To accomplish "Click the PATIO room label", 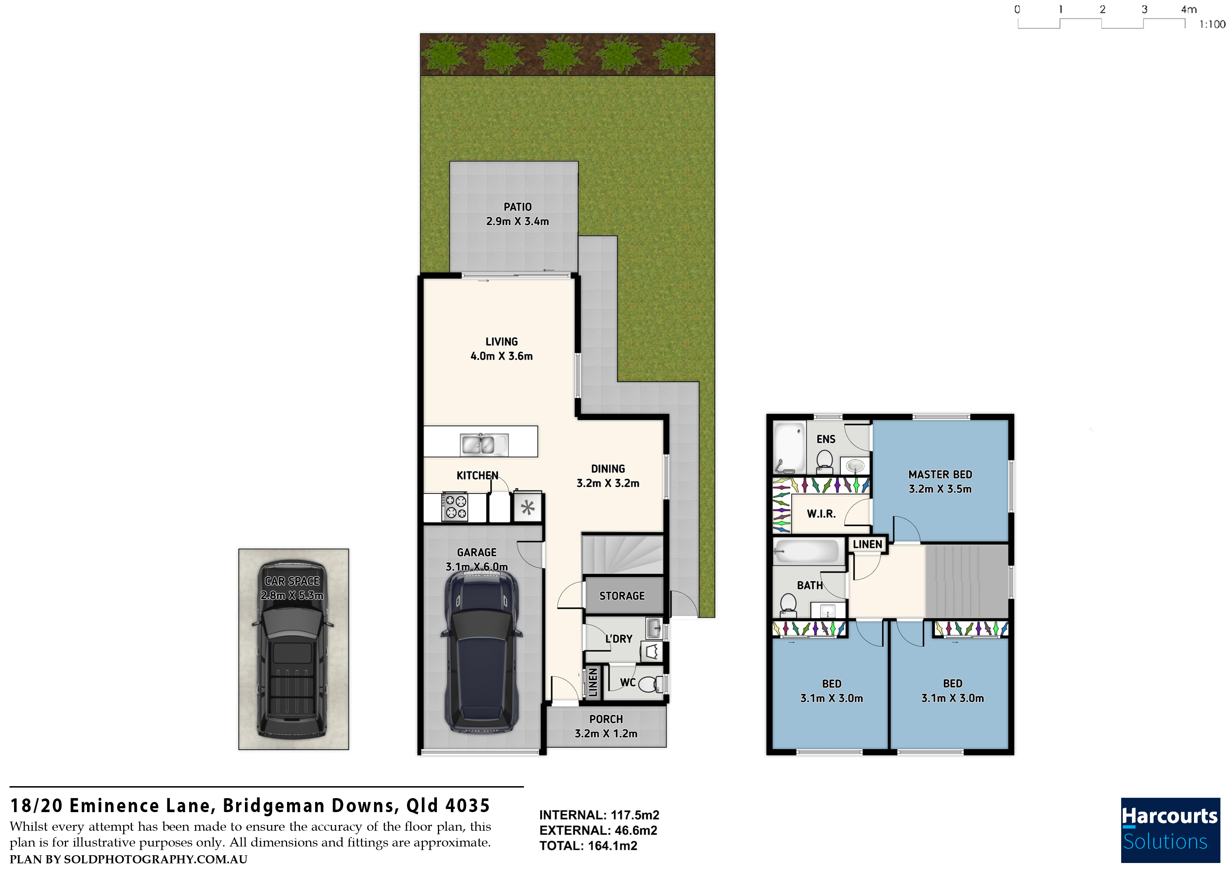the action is click(x=517, y=207).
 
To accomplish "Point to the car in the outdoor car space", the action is click(x=293, y=649).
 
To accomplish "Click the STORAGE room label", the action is click(x=622, y=596).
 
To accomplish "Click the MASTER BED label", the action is click(x=940, y=474).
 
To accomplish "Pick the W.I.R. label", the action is click(x=821, y=514).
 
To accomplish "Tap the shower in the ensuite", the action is click(x=789, y=448).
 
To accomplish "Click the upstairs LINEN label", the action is click(x=867, y=544).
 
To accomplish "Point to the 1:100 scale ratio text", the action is click(x=1212, y=24).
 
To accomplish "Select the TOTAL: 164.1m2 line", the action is click(x=588, y=846).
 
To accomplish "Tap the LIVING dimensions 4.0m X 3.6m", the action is click(x=501, y=356).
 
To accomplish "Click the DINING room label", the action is click(x=608, y=469).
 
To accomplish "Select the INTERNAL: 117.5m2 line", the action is click(x=599, y=815).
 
